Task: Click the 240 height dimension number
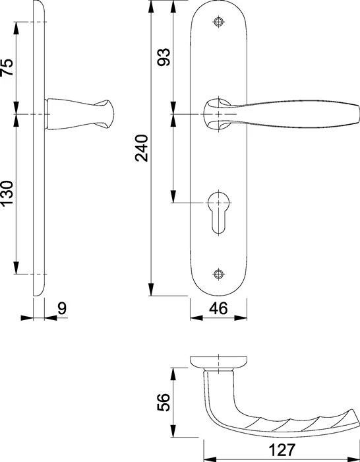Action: [x=142, y=148]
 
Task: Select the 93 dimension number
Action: [x=164, y=57]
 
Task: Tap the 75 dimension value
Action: [x=7, y=67]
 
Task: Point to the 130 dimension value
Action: [x=7, y=193]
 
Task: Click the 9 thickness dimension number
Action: [x=62, y=308]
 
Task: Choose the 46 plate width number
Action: [x=218, y=308]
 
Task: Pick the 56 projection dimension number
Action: [x=164, y=402]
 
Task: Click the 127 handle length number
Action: [x=282, y=449]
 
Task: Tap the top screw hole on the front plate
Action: [x=218, y=22]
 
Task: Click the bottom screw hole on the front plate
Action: [x=218, y=274]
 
